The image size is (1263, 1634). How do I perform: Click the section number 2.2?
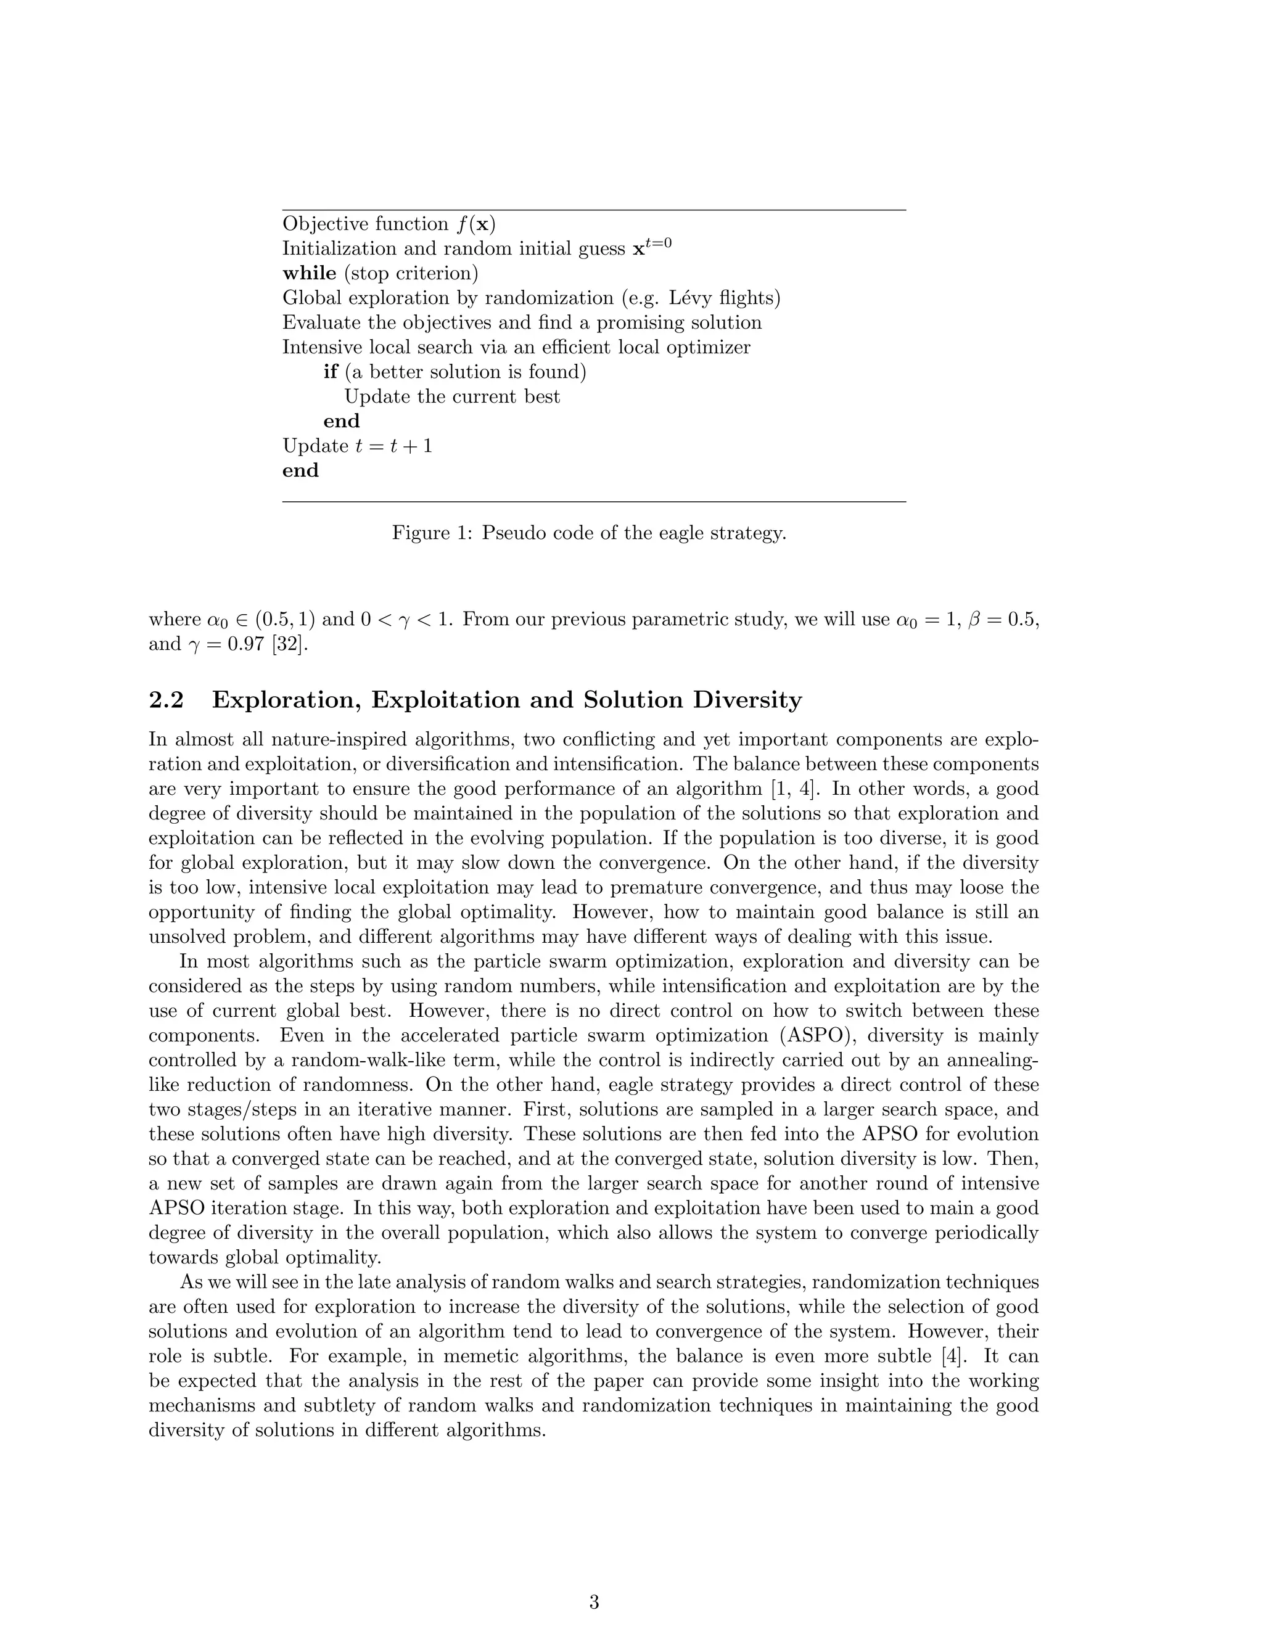(166, 700)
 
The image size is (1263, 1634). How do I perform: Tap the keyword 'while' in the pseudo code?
(309, 273)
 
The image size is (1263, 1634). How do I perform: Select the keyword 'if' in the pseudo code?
(331, 372)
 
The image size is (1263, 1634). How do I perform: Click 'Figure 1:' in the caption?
(432, 533)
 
